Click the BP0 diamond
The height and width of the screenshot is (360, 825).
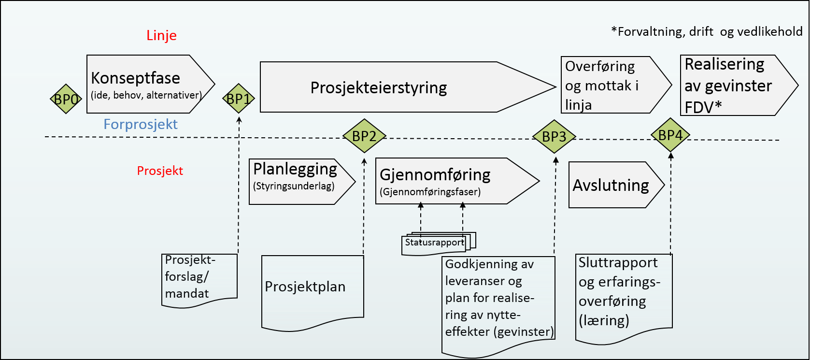point(66,99)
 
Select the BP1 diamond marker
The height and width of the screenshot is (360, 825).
point(238,99)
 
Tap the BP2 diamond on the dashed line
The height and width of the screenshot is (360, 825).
point(364,136)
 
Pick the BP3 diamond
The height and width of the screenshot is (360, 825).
point(554,137)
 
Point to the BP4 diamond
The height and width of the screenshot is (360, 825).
point(670,135)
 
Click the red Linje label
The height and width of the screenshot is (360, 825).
point(161,35)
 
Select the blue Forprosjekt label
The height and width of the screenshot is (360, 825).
point(141,124)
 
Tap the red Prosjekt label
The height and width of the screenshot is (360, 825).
point(160,171)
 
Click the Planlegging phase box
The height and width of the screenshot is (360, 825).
point(296,182)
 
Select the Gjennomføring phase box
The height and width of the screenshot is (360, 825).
point(444,181)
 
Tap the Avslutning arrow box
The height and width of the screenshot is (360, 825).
point(611,185)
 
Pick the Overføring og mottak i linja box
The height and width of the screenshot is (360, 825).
point(606,86)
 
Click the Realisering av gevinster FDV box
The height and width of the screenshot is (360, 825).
point(729,86)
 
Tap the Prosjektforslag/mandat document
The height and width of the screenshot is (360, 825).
point(199,278)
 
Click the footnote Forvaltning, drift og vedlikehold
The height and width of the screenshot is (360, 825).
point(707,32)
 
